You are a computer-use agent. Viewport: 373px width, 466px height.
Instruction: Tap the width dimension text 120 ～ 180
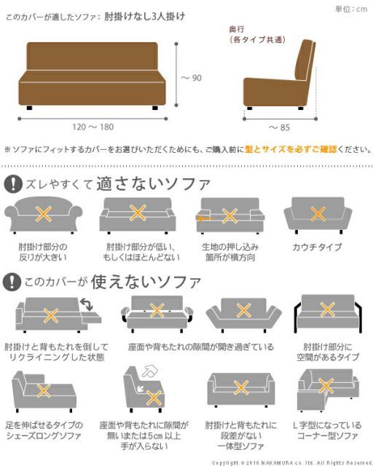coord(93,127)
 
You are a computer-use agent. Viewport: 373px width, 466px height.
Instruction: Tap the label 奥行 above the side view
coord(237,30)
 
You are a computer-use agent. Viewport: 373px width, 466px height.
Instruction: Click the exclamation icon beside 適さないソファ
coord(12,183)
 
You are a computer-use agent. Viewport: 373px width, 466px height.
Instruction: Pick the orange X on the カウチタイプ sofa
coord(318,214)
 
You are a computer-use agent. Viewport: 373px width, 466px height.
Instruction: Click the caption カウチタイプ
coord(317,248)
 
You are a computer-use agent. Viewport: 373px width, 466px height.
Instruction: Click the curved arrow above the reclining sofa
coord(88,301)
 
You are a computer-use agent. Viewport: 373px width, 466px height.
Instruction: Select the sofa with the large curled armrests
coord(44,215)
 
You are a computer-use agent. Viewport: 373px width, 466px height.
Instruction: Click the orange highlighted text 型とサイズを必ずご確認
coord(291,149)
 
